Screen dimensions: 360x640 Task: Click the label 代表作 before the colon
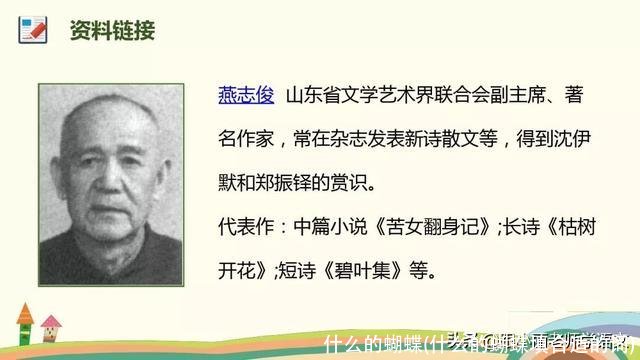point(243,227)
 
